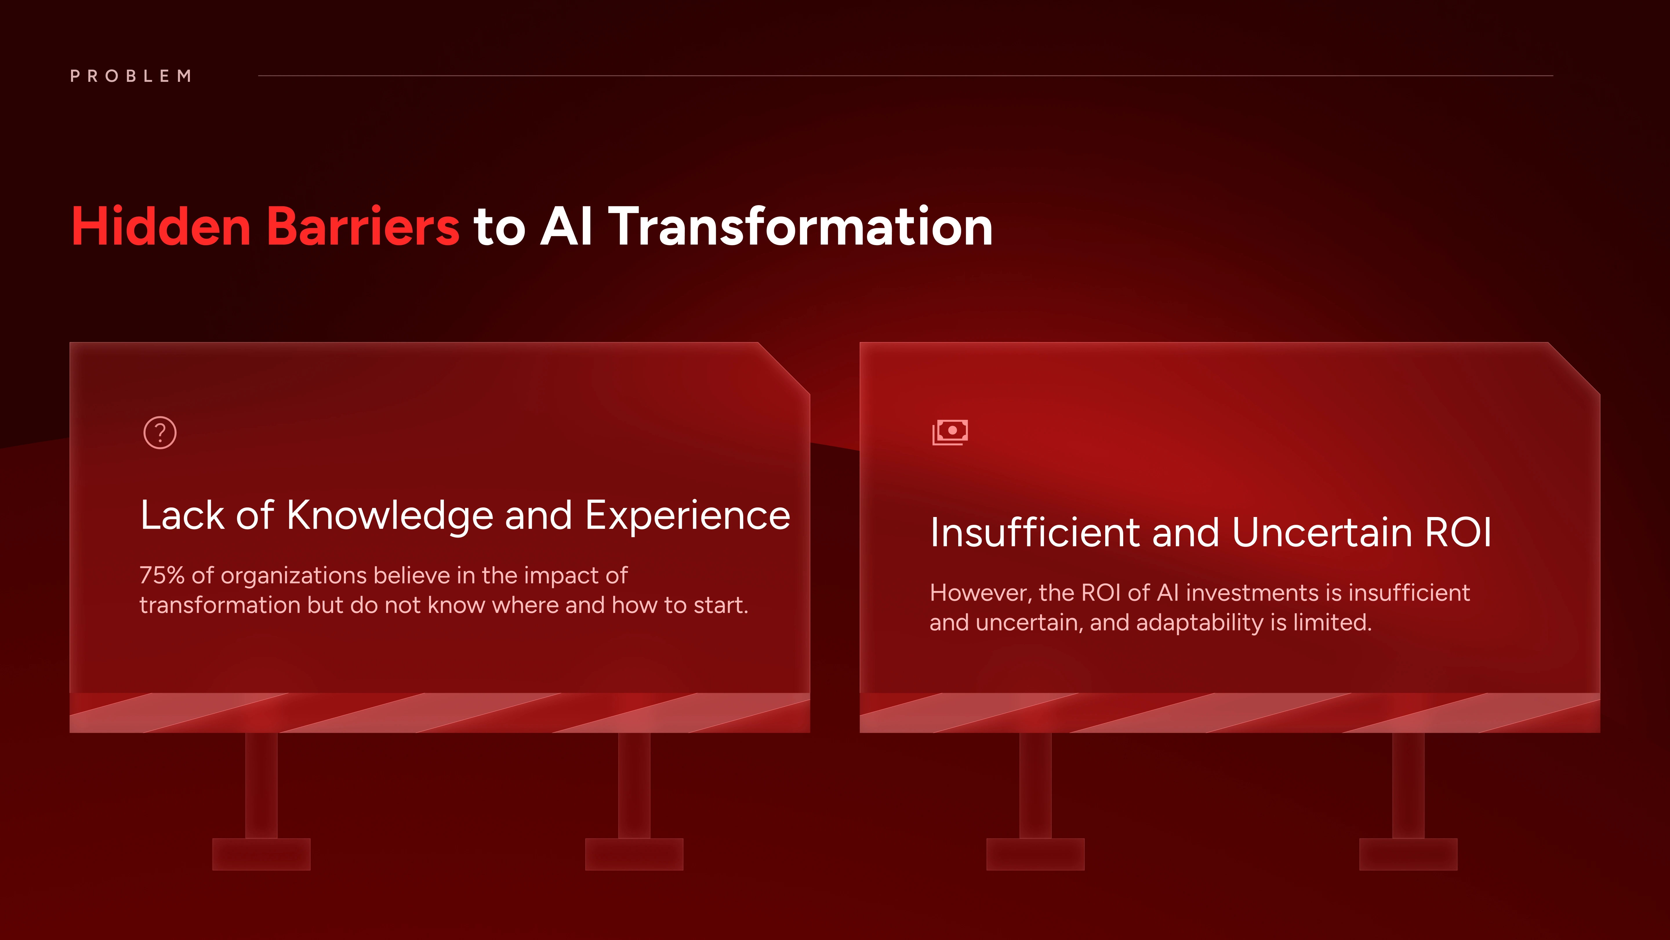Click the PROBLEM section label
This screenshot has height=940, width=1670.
[131, 76]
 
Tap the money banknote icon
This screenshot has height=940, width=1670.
[950, 431]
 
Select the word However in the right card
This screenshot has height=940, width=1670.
[981, 593]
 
